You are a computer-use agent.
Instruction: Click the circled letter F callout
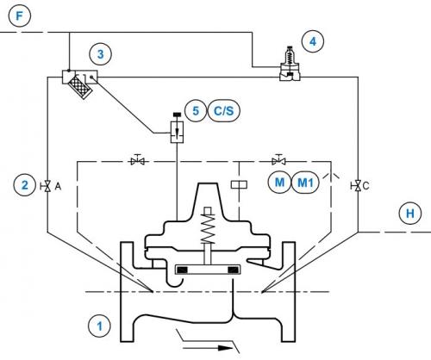coord(19,16)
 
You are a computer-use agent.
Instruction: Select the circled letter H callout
coord(410,213)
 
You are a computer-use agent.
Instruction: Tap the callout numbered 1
coord(99,326)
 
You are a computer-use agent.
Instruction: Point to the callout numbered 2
coord(25,185)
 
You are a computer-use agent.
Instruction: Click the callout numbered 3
coord(100,54)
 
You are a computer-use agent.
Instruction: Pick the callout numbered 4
coord(313,41)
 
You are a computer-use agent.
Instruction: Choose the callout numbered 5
coord(196,110)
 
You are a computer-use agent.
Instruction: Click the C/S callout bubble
coord(223,110)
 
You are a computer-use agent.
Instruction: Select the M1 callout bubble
coord(305,183)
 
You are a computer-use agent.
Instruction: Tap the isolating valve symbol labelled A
coord(47,186)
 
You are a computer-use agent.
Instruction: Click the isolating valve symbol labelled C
coord(358,186)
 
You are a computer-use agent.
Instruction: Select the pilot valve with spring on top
coord(290,63)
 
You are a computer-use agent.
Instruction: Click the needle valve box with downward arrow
coord(177,133)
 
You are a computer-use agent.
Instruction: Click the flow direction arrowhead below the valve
coord(225,348)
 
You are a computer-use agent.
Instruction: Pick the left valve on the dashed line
coord(138,160)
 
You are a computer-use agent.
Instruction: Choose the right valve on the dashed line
coord(278,160)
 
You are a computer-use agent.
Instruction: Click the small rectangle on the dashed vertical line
coord(239,184)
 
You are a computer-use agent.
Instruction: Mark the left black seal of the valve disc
coord(182,270)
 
